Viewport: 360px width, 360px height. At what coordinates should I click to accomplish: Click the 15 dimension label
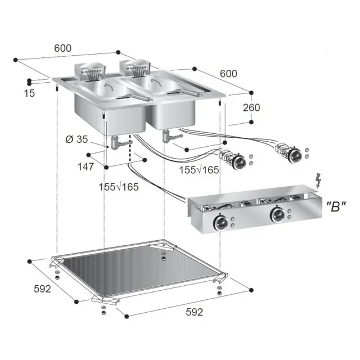(x=30, y=93)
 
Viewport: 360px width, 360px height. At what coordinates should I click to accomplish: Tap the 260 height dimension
(x=251, y=107)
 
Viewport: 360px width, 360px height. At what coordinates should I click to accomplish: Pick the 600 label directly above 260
(x=228, y=73)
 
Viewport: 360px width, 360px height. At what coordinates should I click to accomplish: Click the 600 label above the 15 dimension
(x=62, y=48)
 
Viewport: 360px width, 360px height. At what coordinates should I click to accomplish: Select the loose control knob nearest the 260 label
(x=293, y=154)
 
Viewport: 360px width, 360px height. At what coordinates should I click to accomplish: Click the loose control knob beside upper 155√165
(x=238, y=162)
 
